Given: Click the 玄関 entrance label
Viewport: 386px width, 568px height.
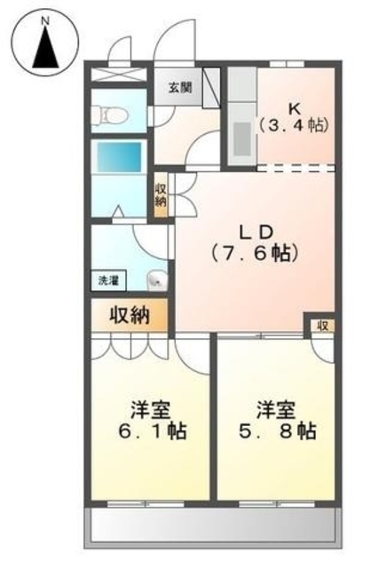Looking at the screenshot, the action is pos(179,88).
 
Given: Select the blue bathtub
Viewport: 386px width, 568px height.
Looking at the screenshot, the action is pos(118,156).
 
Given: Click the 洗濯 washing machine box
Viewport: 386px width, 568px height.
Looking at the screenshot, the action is pos(108,280).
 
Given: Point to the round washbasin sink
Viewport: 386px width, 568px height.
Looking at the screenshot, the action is pos(158,280).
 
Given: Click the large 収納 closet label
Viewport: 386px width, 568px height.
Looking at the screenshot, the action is pos(130,316).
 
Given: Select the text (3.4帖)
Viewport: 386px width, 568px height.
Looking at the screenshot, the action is pos(294,125).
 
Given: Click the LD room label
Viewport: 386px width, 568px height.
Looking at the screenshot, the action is pos(256,233).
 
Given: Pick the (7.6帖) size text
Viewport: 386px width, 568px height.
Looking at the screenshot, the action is pos(256,253).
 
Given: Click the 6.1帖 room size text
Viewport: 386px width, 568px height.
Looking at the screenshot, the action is pos(153,430).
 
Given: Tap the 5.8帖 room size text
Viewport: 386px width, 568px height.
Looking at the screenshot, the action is pos(278,430).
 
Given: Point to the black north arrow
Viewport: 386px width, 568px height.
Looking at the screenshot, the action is pos(45,48).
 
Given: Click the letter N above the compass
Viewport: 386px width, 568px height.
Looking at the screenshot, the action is pos(45,21).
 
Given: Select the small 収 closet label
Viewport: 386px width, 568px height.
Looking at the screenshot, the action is pos(323,326).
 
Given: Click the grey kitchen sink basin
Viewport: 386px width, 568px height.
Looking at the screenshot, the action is pos(242,138).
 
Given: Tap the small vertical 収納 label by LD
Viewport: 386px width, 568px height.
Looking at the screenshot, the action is pos(161,195).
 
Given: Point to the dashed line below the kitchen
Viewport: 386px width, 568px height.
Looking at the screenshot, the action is pos(295,168).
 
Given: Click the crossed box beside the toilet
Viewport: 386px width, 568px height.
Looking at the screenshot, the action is pos(119,74).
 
